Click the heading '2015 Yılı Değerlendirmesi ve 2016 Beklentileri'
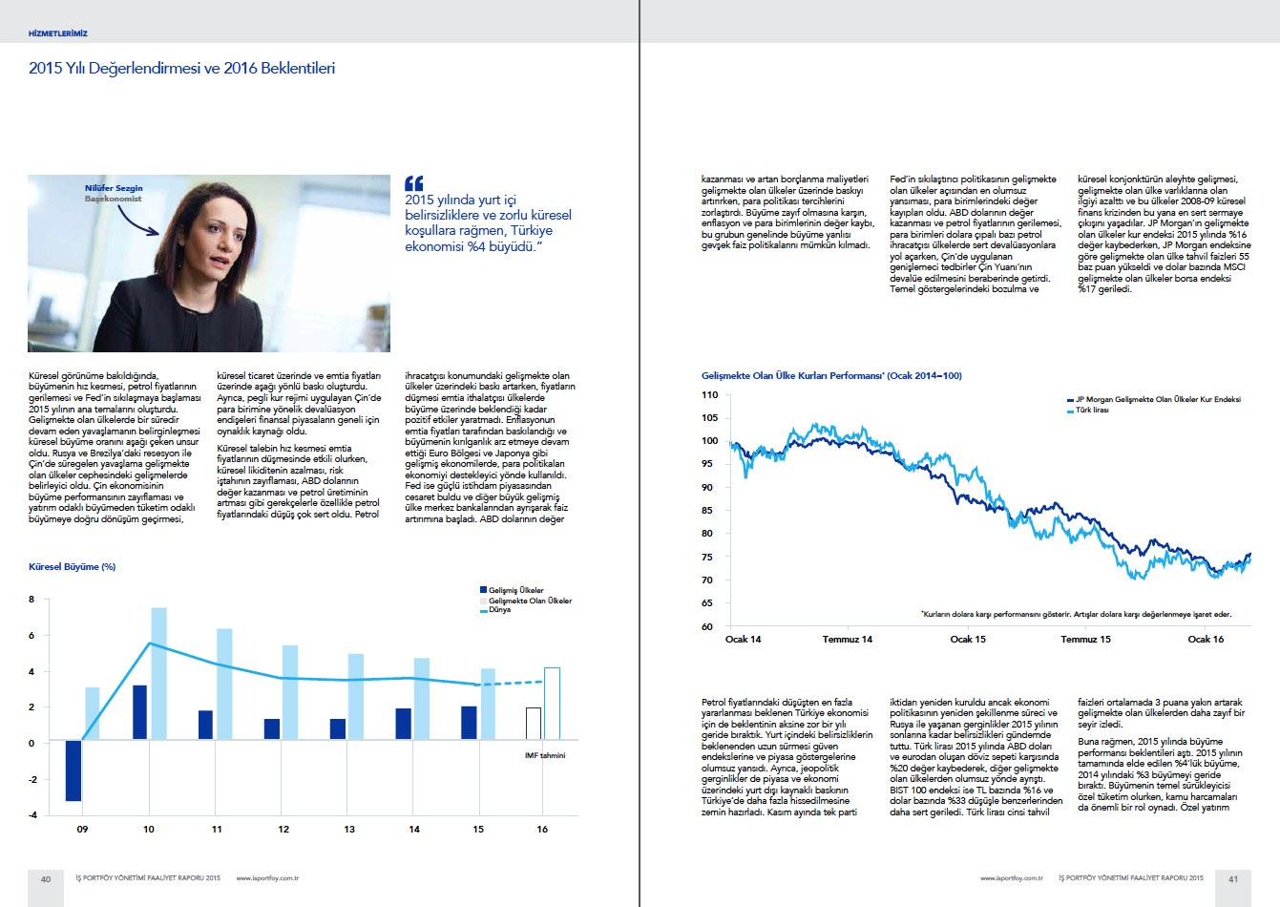click(x=181, y=69)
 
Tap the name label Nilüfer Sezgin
click(x=114, y=188)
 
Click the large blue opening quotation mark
click(x=413, y=182)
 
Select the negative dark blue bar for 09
click(x=73, y=770)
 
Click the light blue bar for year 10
click(x=158, y=673)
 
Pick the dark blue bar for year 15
click(x=469, y=723)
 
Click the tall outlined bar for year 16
click(x=552, y=704)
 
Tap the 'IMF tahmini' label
click(x=545, y=755)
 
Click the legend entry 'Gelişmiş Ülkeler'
click(x=515, y=590)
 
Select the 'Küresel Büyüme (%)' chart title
click(x=73, y=567)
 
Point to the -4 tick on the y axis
click(x=33, y=815)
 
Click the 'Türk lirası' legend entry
click(x=1091, y=410)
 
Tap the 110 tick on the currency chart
click(x=709, y=394)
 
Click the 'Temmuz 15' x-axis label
click(x=1085, y=640)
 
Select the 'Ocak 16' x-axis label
click(x=1206, y=640)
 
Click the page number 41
click(x=1233, y=878)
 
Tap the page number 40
click(x=45, y=878)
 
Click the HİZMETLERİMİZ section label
click(x=58, y=33)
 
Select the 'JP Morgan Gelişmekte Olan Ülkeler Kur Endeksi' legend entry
click(x=1156, y=400)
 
